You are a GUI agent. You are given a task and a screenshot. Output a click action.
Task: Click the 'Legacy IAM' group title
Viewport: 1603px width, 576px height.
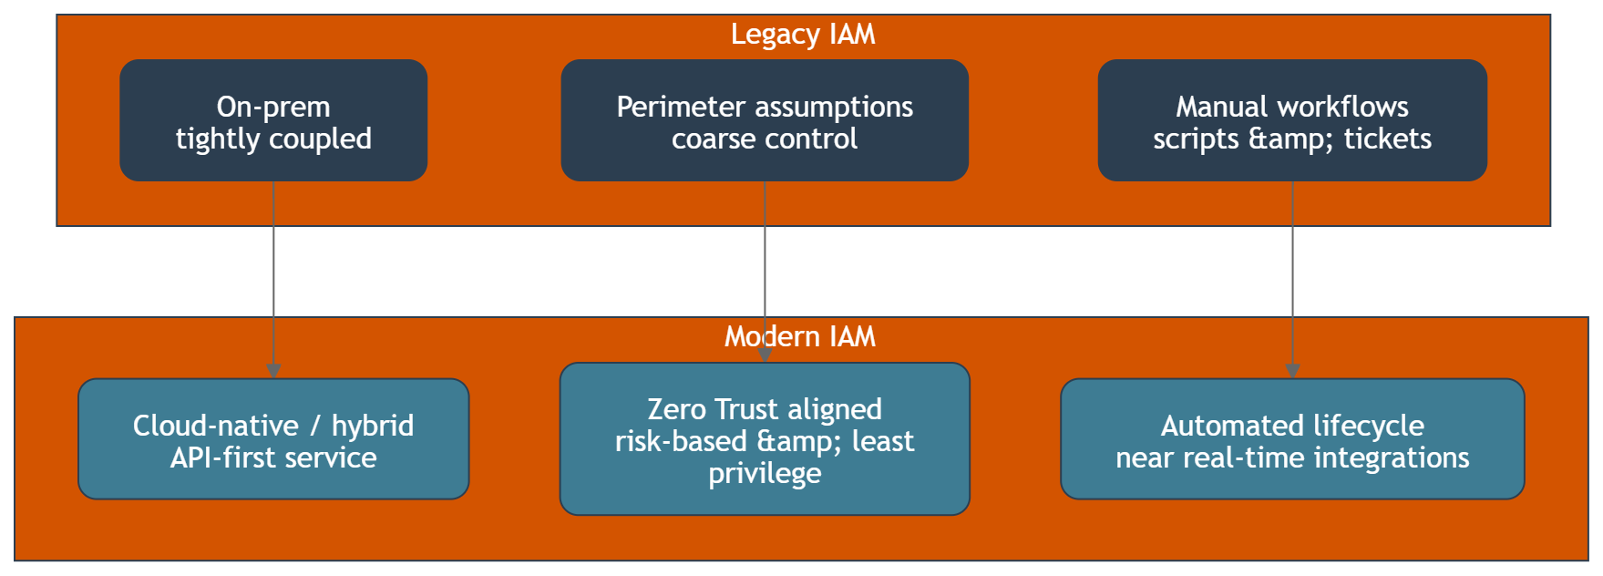point(803,35)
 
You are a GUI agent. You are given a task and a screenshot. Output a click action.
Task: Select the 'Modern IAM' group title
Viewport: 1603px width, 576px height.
point(800,337)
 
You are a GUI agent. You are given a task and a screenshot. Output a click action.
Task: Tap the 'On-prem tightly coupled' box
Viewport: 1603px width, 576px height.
point(273,120)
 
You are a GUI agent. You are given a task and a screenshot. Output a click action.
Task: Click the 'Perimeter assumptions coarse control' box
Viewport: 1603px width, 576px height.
point(765,120)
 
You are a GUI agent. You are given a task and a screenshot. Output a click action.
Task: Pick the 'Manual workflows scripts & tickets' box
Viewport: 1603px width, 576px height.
point(1292,120)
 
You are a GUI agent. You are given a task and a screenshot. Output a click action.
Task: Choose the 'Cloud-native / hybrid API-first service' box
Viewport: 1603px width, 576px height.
point(273,439)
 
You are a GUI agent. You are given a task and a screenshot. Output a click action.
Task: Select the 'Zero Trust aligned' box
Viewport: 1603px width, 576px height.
point(765,439)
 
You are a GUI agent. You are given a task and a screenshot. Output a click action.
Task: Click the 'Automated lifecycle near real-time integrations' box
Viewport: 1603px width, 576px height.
point(1292,439)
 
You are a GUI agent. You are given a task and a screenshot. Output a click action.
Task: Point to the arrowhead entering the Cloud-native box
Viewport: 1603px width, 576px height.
point(273,371)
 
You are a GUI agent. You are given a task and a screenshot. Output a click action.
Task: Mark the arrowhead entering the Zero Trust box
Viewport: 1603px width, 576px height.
point(765,355)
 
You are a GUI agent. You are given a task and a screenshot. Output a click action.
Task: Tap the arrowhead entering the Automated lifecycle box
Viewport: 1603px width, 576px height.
point(1292,371)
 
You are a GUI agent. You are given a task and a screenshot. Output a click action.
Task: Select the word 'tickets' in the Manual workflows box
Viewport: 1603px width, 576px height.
point(1387,139)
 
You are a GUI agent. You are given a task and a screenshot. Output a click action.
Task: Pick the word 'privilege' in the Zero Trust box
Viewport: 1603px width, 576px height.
point(765,474)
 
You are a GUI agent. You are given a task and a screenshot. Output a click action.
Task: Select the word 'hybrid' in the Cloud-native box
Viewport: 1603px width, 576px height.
point(372,426)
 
